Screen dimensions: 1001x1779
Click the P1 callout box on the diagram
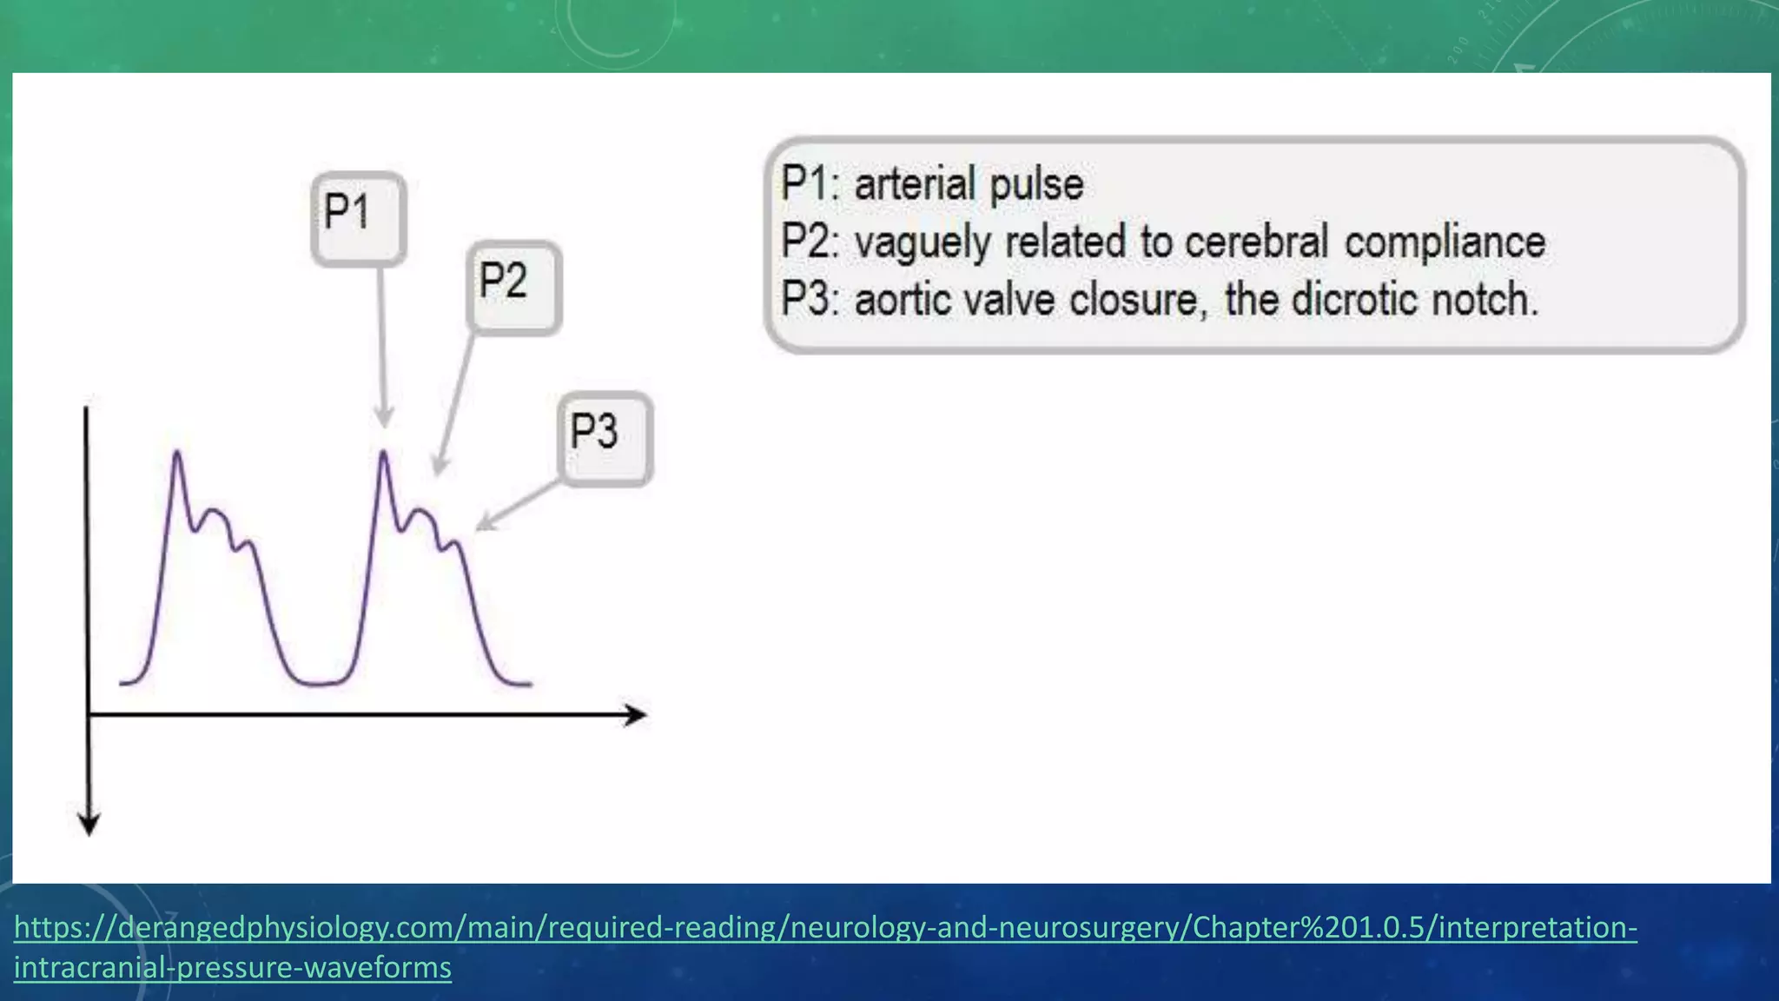(358, 218)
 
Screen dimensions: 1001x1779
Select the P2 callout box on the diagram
(513, 288)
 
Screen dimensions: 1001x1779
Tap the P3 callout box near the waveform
(605, 438)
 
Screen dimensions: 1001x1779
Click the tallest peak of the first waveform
(177, 453)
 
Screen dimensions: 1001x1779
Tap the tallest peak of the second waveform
(384, 453)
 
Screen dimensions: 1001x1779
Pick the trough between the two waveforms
(320, 683)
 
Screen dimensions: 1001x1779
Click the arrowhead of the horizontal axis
(638, 715)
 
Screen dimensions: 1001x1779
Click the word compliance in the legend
(1445, 242)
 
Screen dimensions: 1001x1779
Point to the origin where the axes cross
(89, 715)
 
